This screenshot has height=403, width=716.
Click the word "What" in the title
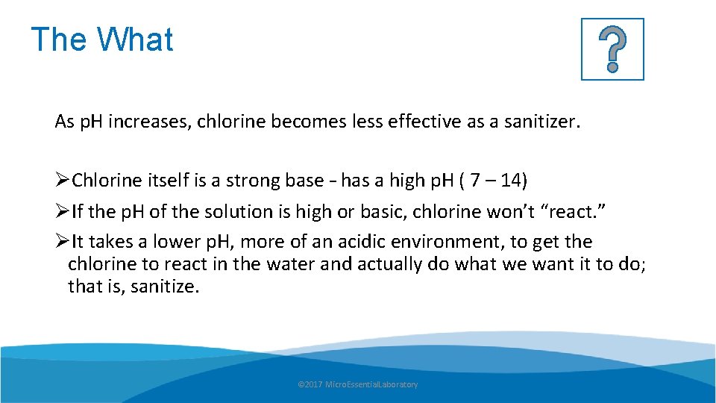pyautogui.click(x=135, y=40)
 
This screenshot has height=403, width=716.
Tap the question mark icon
pyautogui.click(x=612, y=49)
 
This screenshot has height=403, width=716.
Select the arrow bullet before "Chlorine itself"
pyautogui.click(x=63, y=181)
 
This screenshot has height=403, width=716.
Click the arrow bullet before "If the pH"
pyautogui.click(x=63, y=212)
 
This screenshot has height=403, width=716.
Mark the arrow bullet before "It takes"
pyautogui.click(x=63, y=242)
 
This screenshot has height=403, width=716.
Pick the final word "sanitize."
pyautogui.click(x=165, y=286)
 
